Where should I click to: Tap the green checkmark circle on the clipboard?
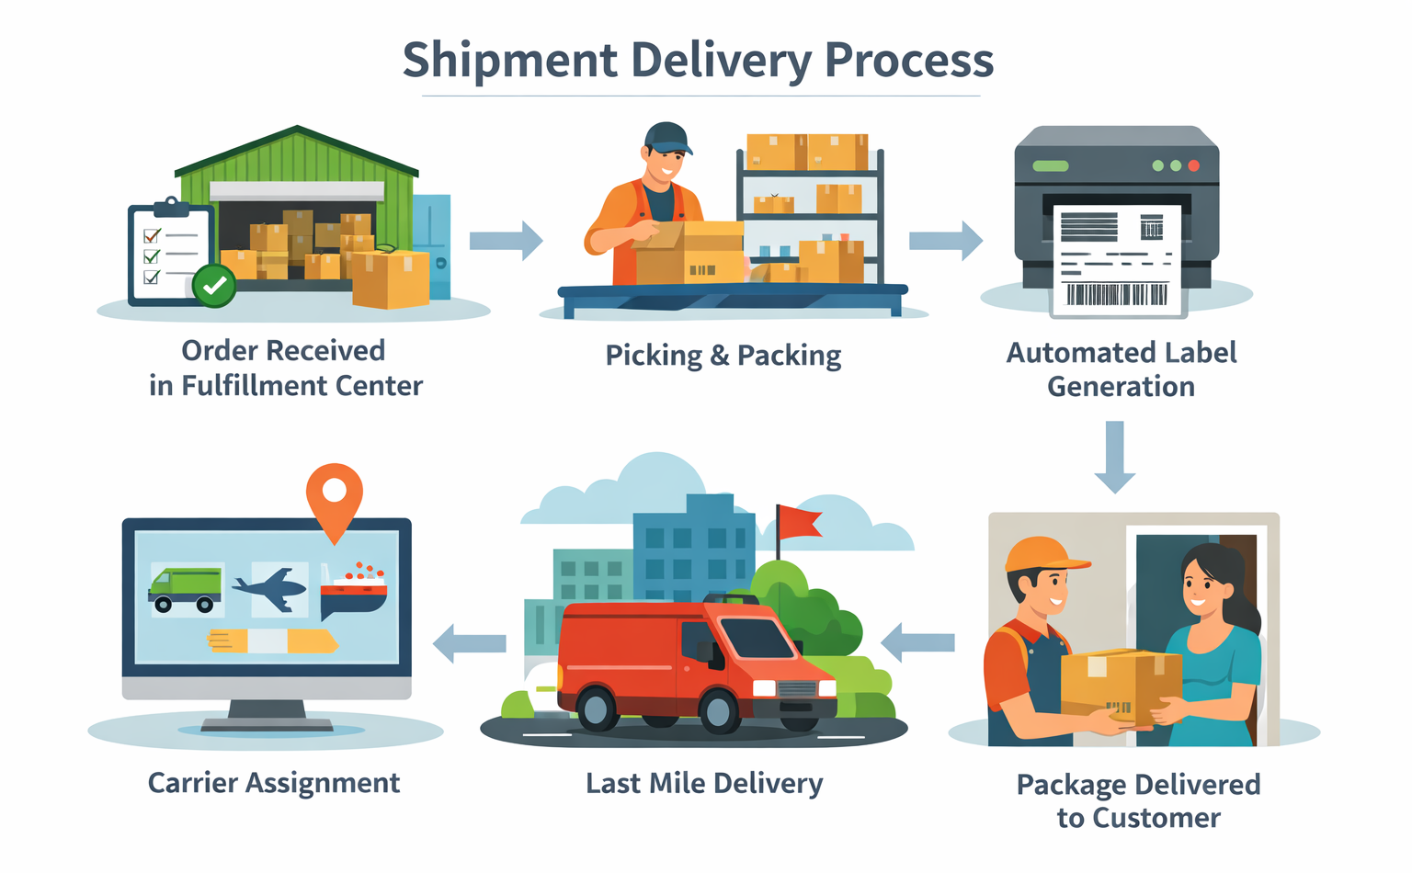click(214, 286)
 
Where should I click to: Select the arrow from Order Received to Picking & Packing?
click(505, 241)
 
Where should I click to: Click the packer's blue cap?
click(666, 138)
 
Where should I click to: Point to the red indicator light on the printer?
click(1193, 166)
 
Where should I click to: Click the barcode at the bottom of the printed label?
click(1116, 294)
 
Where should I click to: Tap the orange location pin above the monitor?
click(335, 496)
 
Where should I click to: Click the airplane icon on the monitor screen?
click(271, 587)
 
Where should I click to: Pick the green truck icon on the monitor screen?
click(187, 589)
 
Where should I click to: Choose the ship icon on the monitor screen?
click(355, 590)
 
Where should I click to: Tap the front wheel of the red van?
click(717, 709)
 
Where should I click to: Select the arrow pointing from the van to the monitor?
click(470, 643)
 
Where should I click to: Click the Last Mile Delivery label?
click(704, 783)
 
